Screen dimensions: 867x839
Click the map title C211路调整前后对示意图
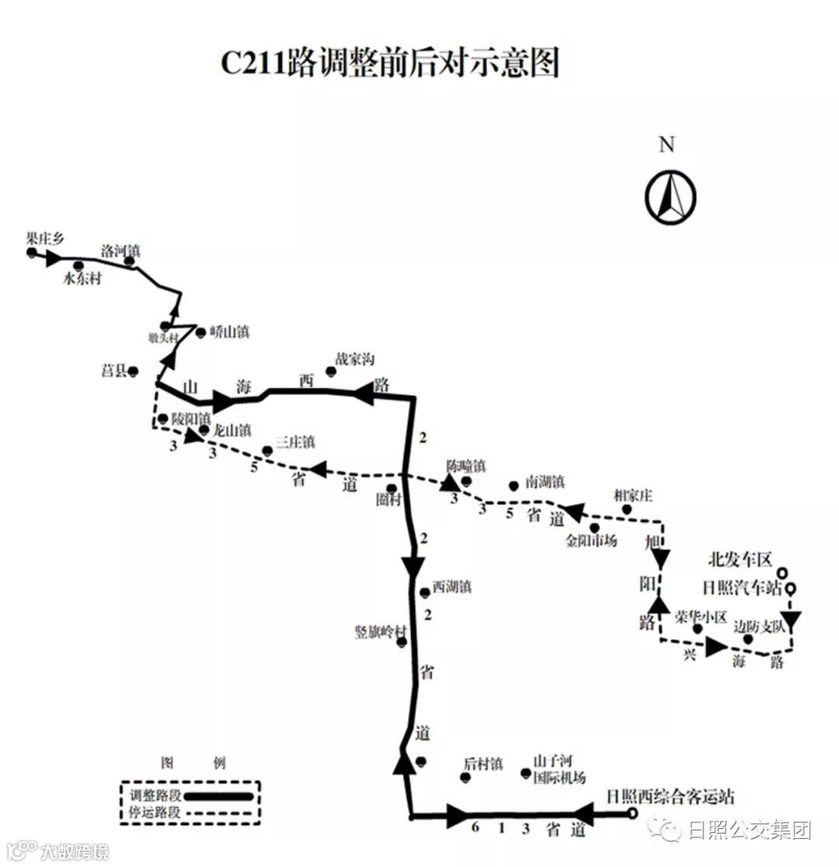pyautogui.click(x=390, y=63)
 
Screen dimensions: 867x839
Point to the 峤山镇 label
pyautogui.click(x=230, y=332)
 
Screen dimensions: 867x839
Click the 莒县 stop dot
pyautogui.click(x=133, y=372)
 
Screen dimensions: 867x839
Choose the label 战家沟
pyautogui.click(x=355, y=359)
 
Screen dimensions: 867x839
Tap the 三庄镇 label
pyautogui.click(x=295, y=442)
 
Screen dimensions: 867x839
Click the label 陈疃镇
pyautogui.click(x=466, y=467)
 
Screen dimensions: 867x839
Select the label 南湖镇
pyautogui.click(x=545, y=482)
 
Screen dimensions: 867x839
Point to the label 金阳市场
pyautogui.click(x=592, y=540)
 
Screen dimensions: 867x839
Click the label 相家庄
pyautogui.click(x=632, y=495)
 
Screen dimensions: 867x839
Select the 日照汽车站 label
pyautogui.click(x=741, y=588)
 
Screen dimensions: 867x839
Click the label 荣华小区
pyautogui.click(x=701, y=617)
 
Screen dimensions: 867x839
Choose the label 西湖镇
pyautogui.click(x=452, y=586)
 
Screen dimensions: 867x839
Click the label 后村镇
pyautogui.click(x=483, y=764)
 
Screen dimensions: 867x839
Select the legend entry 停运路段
pyautogui.click(x=155, y=812)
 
